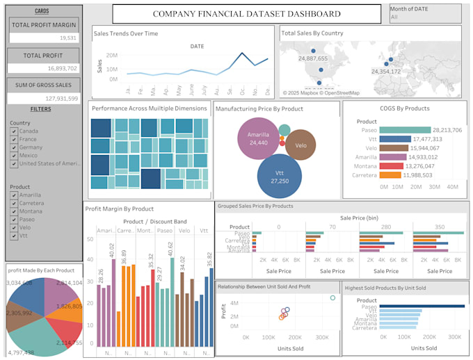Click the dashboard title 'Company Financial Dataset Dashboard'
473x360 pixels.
[x=247, y=14]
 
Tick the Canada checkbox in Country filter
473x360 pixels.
[x=14, y=131]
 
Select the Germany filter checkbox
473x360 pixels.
[x=14, y=147]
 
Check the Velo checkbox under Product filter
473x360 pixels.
[x=14, y=228]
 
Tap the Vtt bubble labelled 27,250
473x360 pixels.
[x=279, y=176]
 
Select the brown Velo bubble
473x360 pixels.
[x=300, y=145]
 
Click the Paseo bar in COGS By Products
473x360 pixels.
[x=406, y=129]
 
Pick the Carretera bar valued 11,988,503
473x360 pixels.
[x=391, y=175]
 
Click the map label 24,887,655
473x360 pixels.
[x=312, y=59]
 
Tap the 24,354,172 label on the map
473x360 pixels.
[x=385, y=71]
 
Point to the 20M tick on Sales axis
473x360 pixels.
[x=111, y=54]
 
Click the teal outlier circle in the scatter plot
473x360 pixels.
[x=332, y=297]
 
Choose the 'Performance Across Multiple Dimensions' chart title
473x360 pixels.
[x=150, y=108]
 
